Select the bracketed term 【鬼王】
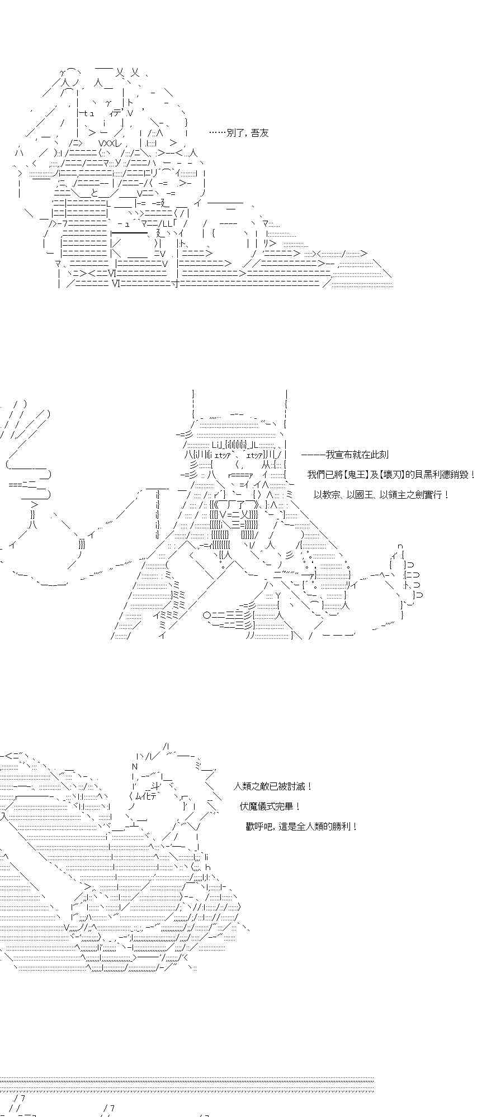pyautogui.click(x=352, y=475)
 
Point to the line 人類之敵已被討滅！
pyautogui.click(x=273, y=786)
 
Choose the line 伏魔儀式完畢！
pyautogui.click(x=271, y=806)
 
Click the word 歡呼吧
pyautogui.click(x=259, y=827)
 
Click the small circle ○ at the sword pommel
pyautogui.click(x=206, y=615)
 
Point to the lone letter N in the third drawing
pyautogui.click(x=135, y=766)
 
